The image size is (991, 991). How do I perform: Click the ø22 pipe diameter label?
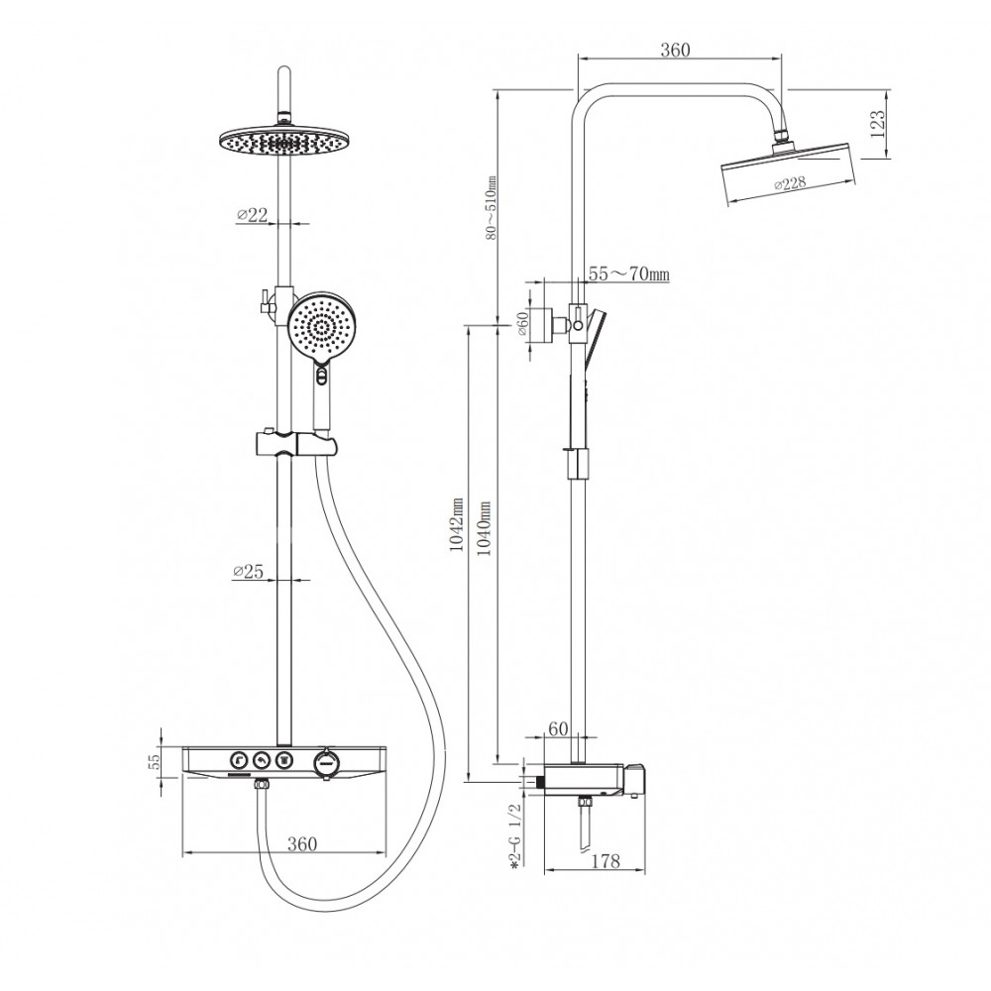click(x=253, y=215)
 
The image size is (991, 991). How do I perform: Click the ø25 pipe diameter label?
click(x=248, y=572)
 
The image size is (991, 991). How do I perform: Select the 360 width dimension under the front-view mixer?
click(x=302, y=843)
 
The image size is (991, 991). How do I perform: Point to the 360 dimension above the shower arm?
click(x=675, y=50)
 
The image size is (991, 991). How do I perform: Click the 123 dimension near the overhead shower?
click(x=878, y=125)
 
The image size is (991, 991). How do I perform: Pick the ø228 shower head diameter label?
click(x=790, y=184)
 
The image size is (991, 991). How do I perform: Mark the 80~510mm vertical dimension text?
click(x=492, y=207)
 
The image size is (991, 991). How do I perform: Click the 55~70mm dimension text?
click(x=629, y=274)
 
